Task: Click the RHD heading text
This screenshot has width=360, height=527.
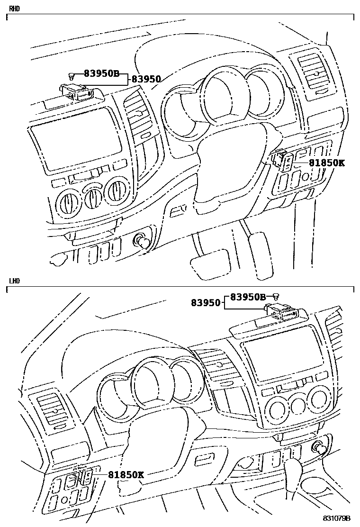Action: (x=14, y=9)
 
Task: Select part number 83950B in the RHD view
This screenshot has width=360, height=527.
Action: (x=101, y=73)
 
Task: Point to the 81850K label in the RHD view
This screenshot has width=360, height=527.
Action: (x=327, y=163)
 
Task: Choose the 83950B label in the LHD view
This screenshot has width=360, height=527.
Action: (x=248, y=297)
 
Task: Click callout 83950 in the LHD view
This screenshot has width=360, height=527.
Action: (x=206, y=302)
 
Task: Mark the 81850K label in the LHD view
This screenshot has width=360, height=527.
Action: (x=126, y=474)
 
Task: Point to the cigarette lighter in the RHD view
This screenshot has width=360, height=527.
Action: (x=142, y=241)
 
